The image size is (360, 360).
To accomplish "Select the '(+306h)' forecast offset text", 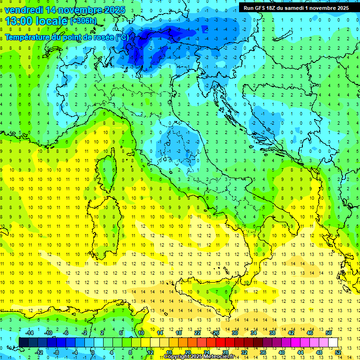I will pos(83,21).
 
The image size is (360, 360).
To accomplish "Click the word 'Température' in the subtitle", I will pos(28,37).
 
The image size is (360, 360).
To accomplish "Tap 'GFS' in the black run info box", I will pos(260,8).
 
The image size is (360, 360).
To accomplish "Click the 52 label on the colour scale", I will pos(338,352).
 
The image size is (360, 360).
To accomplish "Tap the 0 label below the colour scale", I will pos(93,352).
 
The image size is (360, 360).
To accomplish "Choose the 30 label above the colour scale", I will pos(235,333).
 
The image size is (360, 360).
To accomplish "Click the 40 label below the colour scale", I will pos(282,352).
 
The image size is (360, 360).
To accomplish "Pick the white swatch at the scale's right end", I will pos(333,342).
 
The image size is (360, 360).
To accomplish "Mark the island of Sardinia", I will pos(106,220).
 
